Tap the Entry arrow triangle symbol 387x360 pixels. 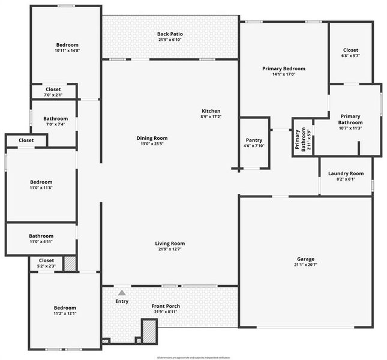click(x=122, y=293)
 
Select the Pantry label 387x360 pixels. click(x=254, y=140)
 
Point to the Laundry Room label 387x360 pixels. click(x=346, y=173)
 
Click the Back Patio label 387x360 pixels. click(x=170, y=34)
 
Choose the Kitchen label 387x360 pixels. click(x=211, y=110)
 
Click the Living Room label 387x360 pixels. click(x=170, y=243)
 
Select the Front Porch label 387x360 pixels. click(x=166, y=306)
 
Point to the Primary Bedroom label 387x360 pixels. click(x=284, y=68)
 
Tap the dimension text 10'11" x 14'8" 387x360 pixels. click(x=67, y=51)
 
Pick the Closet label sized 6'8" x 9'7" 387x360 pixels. click(x=351, y=50)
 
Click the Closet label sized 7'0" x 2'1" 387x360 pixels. click(x=53, y=89)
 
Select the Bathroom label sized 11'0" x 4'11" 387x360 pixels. click(x=41, y=236)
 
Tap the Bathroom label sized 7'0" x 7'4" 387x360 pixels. click(x=55, y=118)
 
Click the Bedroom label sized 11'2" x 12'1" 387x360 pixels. click(x=65, y=307)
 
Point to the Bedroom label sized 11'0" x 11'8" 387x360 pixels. click(x=41, y=182)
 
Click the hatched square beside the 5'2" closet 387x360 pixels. click(x=70, y=263)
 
